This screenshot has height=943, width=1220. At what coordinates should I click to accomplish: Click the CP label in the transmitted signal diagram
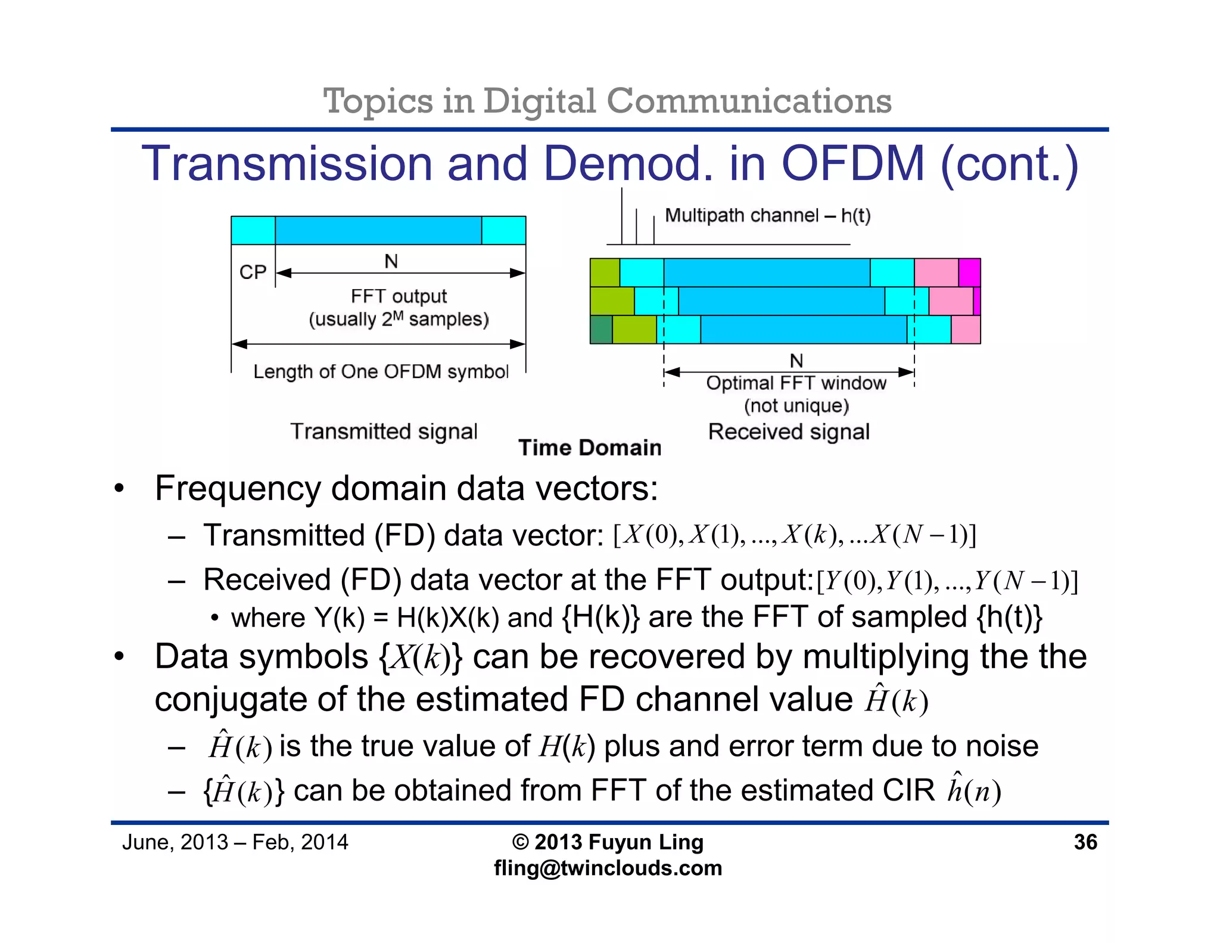(253, 272)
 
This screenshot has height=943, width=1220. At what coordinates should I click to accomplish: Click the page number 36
(1085, 842)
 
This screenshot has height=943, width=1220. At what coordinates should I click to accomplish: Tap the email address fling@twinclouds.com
(608, 868)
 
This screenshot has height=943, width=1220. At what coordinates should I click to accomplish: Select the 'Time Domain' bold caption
(590, 448)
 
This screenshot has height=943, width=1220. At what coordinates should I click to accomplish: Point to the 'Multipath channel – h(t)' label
(767, 215)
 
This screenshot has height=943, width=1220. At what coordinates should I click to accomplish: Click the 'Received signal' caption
(789, 432)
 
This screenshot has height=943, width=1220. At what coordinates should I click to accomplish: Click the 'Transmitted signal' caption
(384, 431)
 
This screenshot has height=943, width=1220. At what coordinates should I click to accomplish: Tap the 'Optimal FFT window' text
(796, 383)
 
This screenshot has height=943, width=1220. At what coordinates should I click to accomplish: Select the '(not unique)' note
(796, 406)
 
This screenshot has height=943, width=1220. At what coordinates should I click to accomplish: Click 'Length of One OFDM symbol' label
(381, 371)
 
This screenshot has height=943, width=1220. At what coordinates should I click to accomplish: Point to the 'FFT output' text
(399, 296)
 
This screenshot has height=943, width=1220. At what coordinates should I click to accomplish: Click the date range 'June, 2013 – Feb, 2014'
(235, 842)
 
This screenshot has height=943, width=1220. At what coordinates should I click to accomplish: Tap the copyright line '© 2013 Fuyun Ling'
(608, 842)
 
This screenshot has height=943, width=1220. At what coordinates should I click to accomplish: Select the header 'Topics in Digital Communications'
(607, 101)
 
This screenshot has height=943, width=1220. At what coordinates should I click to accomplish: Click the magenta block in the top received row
(969, 272)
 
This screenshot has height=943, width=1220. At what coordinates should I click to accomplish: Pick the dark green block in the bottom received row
(601, 330)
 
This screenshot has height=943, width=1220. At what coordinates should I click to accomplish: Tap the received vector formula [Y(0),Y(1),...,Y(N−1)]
(947, 581)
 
